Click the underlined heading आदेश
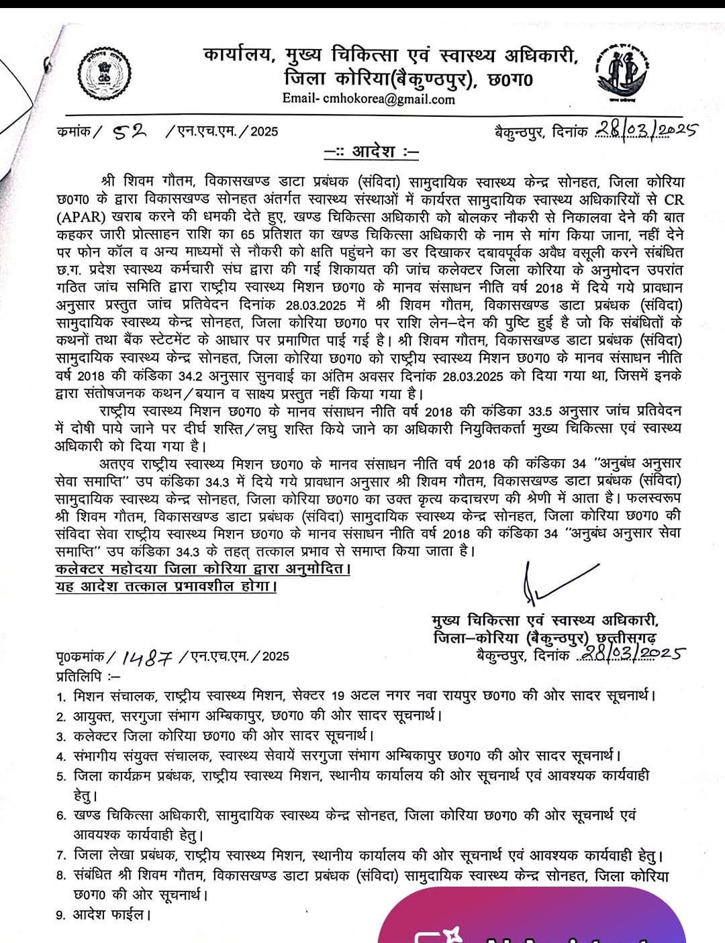pos(372,152)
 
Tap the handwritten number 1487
pos(148,656)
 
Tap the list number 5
pos(60,777)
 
